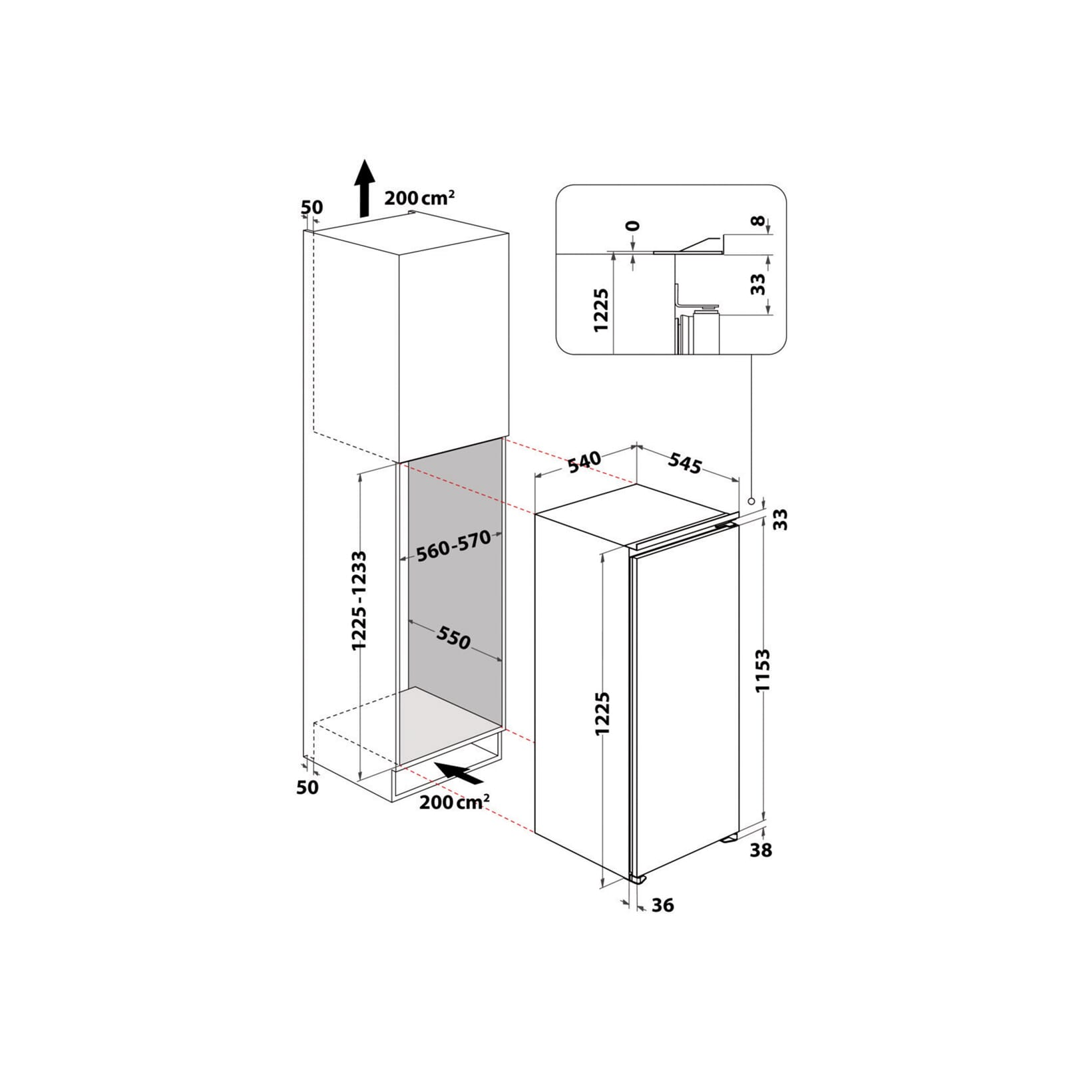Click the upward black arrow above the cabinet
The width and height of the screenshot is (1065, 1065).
click(363, 188)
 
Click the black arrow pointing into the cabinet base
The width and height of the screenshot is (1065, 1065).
click(460, 773)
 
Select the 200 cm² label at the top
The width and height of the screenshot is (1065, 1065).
click(419, 197)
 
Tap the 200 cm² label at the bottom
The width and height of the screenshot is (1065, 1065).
click(455, 801)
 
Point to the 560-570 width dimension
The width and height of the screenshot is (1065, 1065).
click(453, 546)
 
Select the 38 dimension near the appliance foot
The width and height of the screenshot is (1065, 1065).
click(760, 850)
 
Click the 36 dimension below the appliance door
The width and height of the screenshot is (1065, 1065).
click(662, 905)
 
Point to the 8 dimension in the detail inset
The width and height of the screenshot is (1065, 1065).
click(758, 222)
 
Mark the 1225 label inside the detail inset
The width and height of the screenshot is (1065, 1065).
click(601, 310)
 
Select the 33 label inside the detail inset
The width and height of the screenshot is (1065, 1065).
click(758, 285)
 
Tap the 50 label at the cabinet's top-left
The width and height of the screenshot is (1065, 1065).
click(312, 207)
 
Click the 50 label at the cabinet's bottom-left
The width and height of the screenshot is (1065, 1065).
click(307, 787)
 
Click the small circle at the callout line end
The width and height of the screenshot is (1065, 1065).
click(751, 501)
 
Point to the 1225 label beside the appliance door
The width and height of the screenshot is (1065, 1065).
click(602, 714)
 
